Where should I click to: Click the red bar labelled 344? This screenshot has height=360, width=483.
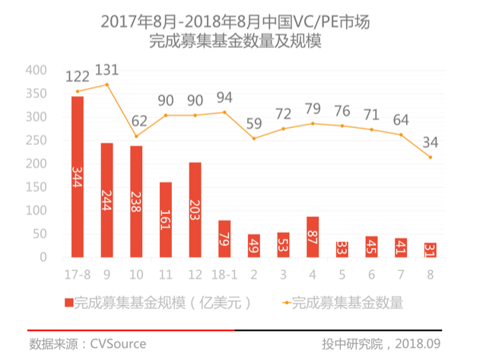point(77,177)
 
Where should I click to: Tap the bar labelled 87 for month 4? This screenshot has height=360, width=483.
point(313,237)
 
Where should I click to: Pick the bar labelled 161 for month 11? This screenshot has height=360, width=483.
point(165,219)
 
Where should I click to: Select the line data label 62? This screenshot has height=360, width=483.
point(136,120)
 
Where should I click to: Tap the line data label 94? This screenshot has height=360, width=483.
point(224,97)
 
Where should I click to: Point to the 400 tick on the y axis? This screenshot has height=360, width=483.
point(36,71)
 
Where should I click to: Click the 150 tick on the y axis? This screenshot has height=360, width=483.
point(36,187)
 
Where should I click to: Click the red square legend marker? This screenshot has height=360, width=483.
point(68,302)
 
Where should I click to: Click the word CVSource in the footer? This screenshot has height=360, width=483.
point(118,344)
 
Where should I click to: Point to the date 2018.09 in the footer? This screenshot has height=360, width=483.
point(417,344)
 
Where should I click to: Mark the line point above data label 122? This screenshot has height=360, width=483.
point(77,91)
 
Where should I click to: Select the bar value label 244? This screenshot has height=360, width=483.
point(106,199)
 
